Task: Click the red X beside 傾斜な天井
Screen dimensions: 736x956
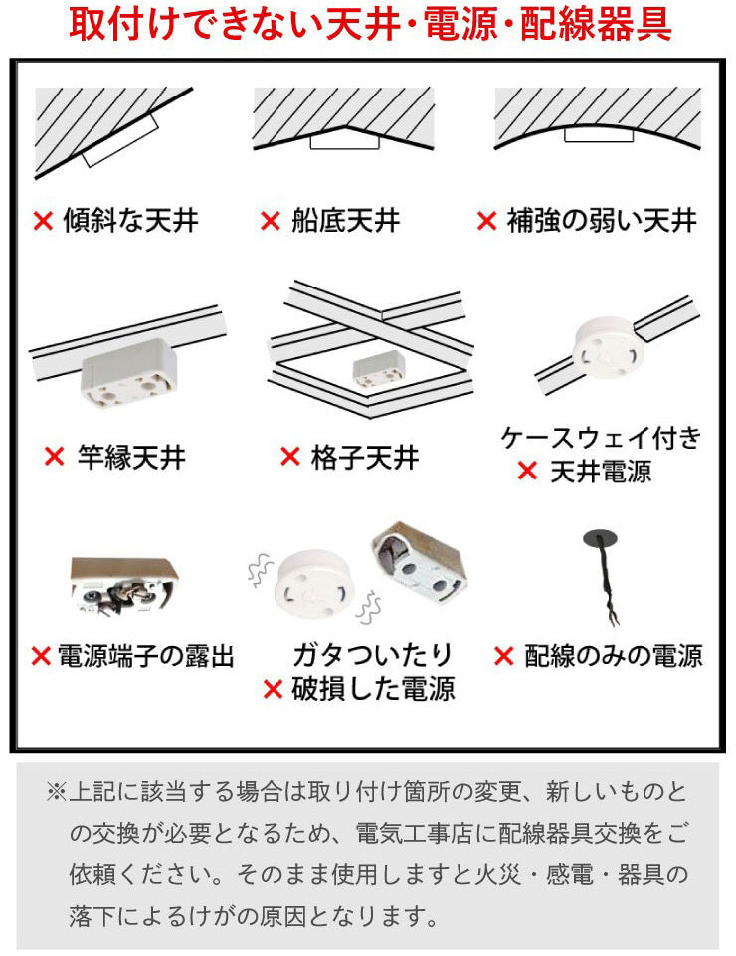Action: point(43,221)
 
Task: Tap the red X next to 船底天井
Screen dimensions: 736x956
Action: point(271,221)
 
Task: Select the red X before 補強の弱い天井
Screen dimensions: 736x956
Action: point(486,221)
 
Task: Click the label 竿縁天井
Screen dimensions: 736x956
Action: point(131,457)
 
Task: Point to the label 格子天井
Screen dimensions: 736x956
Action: point(365,457)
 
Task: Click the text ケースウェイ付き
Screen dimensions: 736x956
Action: point(601,437)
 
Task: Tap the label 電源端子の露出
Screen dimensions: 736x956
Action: point(146,656)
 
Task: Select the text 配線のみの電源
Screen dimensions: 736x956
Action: point(613,656)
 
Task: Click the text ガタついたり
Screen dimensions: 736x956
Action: point(372,655)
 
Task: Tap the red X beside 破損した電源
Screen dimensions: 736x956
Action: point(273,689)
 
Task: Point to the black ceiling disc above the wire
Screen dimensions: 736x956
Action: point(600,538)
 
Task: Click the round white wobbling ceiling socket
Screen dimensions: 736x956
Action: point(314,583)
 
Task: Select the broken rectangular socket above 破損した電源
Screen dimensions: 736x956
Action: point(419,561)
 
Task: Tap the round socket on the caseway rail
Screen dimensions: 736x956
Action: point(608,347)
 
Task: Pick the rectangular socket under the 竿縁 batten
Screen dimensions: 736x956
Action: point(128,373)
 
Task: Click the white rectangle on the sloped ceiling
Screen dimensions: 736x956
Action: point(120,139)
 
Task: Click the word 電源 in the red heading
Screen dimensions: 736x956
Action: point(460,25)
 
